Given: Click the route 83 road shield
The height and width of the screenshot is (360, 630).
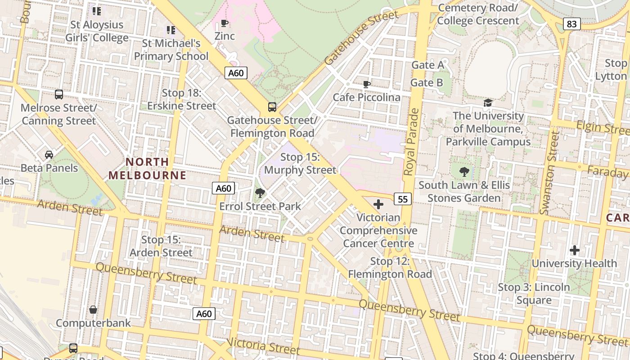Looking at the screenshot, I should tap(571, 24).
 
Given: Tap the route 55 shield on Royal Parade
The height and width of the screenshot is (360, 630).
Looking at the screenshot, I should tap(403, 198).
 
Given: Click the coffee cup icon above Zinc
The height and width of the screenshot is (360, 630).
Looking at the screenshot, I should tap(225, 23).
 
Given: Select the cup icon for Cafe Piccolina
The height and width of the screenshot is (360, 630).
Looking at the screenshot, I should tap(367, 84).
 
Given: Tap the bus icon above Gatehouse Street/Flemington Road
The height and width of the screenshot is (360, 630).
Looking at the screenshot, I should tap(272, 107).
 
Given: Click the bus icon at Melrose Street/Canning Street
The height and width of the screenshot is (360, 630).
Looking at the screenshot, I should tap(59, 94).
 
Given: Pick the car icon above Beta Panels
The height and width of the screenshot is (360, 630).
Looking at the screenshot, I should tap(49, 155).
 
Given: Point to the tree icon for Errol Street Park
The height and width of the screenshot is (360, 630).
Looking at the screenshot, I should tap(260, 193).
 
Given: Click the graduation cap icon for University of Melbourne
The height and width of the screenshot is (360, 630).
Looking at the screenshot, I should tap(488, 103).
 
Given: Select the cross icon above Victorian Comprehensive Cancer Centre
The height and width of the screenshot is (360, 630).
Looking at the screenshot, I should tap(378, 204).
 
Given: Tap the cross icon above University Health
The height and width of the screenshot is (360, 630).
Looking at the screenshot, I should tap(574, 250).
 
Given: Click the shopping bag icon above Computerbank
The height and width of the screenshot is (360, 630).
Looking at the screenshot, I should tap(93, 310).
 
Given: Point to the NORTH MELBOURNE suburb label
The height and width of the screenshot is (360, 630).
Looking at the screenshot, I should tap(148, 168).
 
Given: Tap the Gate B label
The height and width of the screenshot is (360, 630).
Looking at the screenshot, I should tap(427, 83).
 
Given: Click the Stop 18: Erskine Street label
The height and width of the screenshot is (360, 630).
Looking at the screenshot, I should tap(182, 99).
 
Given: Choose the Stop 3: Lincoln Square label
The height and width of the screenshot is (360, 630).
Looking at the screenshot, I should tap(534, 293).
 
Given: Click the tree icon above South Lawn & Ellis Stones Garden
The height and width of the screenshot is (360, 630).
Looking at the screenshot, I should tap(464, 171).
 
